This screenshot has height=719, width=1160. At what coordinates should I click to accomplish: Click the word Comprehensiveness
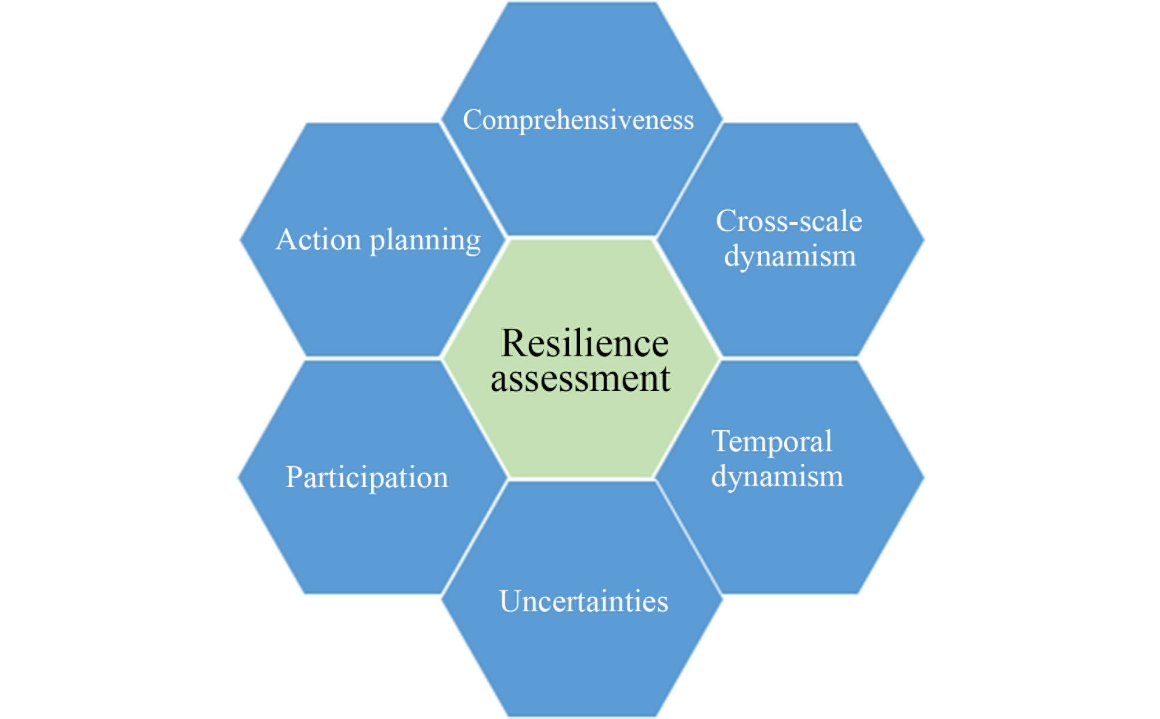[x=578, y=121]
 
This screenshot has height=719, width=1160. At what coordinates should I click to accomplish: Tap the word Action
[x=318, y=239]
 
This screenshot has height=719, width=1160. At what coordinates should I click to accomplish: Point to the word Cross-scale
[x=789, y=221]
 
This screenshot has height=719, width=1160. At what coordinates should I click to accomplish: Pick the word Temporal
[x=772, y=442]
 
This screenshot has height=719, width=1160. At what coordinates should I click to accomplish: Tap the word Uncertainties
[x=583, y=601]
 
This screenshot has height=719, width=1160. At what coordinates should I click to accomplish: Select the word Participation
[x=367, y=478]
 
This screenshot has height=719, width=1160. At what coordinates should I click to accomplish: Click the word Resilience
[x=585, y=343]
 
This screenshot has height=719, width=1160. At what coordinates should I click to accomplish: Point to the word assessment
[x=581, y=379]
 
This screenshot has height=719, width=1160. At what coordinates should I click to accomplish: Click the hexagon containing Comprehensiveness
[x=582, y=119]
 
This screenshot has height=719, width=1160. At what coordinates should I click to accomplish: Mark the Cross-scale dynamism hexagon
[x=791, y=239]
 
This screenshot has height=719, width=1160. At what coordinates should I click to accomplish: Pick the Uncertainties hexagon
[x=582, y=600]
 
